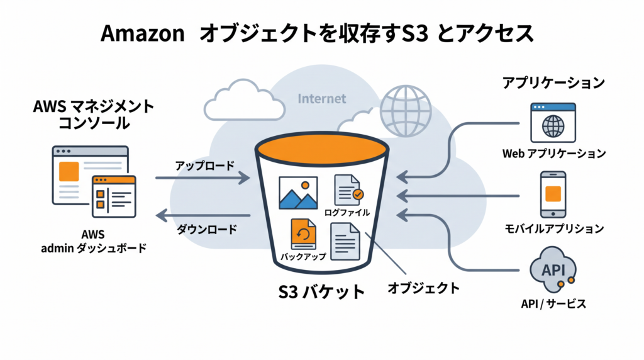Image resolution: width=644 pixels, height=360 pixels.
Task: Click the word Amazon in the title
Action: [143, 33]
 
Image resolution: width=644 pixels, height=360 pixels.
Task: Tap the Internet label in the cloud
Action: [321, 99]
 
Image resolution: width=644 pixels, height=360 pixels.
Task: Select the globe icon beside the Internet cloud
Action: [406, 111]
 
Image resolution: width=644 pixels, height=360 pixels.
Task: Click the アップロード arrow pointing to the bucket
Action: [203, 178]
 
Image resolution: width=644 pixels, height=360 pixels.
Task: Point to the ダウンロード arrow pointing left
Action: [203, 215]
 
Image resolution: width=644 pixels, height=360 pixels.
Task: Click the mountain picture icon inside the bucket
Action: [298, 193]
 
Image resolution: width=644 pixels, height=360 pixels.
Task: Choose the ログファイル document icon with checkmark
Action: [348, 190]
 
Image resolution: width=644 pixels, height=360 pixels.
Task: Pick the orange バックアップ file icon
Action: [304, 234]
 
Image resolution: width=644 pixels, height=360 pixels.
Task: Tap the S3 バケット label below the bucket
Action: [321, 292]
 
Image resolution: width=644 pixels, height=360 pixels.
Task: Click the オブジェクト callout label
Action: [423, 288]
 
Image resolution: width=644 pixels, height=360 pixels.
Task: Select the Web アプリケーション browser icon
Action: [553, 123]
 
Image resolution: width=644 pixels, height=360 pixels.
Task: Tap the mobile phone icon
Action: [553, 194]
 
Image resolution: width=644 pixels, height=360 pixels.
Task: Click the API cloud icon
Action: [553, 269]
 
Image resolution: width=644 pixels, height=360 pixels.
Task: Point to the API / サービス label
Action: [553, 304]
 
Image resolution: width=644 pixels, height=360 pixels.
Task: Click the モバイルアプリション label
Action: [554, 228]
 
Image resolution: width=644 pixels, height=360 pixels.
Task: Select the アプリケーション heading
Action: [553, 83]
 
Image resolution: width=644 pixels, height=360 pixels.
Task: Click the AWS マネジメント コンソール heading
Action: [94, 115]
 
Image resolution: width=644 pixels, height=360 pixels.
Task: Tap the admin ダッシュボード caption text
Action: [94, 248]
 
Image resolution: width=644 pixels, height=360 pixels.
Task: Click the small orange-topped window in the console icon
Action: [114, 196]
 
